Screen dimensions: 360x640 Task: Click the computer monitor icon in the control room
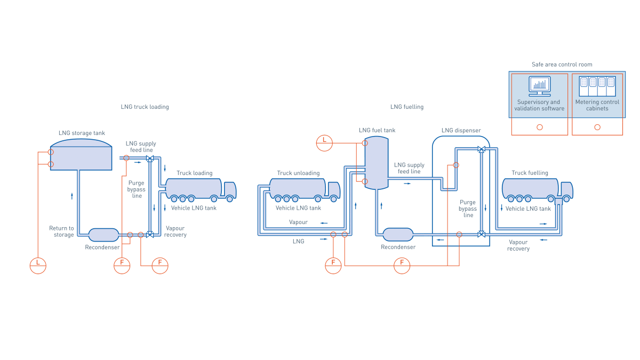click(539, 86)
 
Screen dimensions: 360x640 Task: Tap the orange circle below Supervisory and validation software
click(540, 127)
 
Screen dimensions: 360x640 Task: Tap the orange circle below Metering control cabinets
click(597, 127)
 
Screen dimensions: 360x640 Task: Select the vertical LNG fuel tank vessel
click(376, 162)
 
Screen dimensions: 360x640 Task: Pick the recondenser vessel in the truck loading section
click(103, 235)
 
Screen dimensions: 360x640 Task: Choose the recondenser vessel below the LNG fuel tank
click(398, 234)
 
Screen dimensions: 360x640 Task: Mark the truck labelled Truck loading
click(201, 190)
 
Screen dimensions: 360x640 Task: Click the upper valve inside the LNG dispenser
click(482, 149)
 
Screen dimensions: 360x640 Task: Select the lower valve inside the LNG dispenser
click(482, 234)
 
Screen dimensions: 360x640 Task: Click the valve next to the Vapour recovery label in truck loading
click(150, 235)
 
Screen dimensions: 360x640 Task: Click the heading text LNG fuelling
click(406, 107)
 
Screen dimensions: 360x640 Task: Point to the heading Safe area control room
click(562, 65)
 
